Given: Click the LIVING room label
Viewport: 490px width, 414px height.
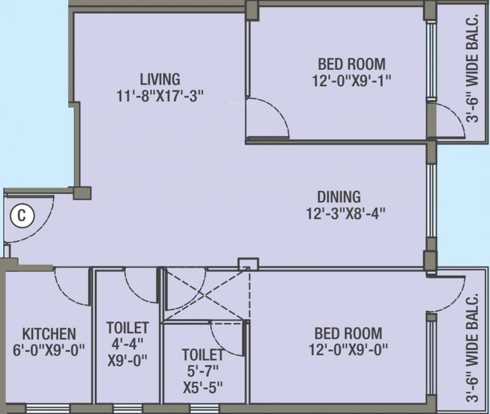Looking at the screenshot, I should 160,79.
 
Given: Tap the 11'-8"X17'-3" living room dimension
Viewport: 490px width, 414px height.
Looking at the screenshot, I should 160,96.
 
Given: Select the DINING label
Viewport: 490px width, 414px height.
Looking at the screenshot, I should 339,196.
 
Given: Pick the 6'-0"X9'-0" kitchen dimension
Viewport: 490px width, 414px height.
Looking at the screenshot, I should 49,350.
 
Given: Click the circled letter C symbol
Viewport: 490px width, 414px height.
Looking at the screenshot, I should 22,215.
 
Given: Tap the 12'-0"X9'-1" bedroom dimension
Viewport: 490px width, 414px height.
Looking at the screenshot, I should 351,80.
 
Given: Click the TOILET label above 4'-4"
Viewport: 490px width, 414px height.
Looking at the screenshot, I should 127,327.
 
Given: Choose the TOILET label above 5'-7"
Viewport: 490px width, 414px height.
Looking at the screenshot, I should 202,355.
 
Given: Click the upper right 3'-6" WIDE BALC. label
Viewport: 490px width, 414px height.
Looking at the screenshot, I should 473,67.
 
